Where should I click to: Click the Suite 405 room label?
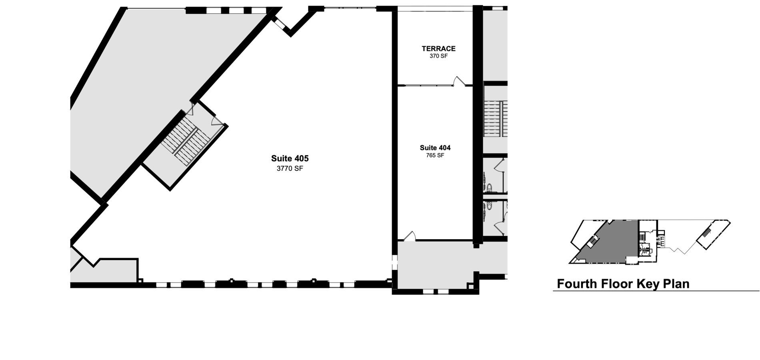click(x=290, y=158)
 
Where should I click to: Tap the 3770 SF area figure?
click(x=290, y=168)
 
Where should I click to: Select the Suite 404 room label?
click(x=435, y=148)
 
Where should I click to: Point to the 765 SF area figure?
click(x=435, y=155)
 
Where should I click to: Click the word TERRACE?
click(x=438, y=48)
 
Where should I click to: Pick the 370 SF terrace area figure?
click(x=438, y=56)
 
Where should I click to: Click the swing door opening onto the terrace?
click(x=459, y=81)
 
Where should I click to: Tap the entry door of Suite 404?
click(x=410, y=236)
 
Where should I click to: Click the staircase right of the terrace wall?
click(x=496, y=118)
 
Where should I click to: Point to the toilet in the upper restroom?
click(x=489, y=187)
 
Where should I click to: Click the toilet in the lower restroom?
click(x=489, y=207)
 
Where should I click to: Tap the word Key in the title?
click(x=648, y=284)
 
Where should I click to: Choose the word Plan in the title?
click(x=676, y=284)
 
